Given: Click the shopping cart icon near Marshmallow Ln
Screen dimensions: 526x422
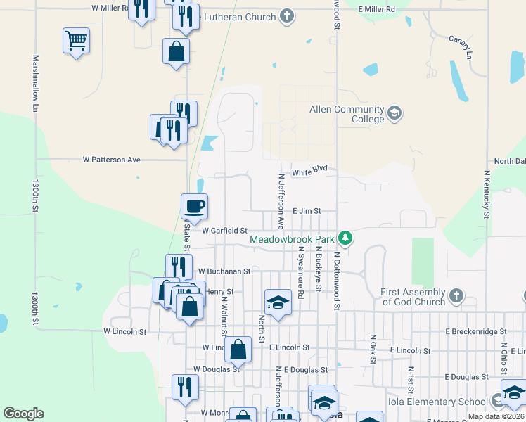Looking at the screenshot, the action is (x=76, y=41).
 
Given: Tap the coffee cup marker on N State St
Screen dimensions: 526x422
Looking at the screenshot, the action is (x=195, y=207).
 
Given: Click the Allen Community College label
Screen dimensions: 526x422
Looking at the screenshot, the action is (x=347, y=114).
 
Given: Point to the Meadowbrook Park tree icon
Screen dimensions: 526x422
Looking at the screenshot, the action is (x=345, y=238).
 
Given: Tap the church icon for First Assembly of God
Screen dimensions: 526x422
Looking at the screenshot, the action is (x=456, y=297).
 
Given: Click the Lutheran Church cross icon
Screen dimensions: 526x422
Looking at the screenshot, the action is (x=286, y=16).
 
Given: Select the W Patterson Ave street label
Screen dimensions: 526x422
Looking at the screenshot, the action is (x=112, y=160).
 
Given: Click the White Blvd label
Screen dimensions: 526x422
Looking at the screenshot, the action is (x=310, y=172).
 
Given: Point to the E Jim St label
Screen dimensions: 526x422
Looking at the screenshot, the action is (x=307, y=210).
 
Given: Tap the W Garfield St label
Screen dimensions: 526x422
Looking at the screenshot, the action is (x=224, y=230).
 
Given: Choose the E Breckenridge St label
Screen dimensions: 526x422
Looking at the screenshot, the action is (x=475, y=331).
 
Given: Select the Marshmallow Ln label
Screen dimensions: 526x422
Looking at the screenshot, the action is (x=34, y=84).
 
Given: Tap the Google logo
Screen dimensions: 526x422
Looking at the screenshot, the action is (x=23, y=414).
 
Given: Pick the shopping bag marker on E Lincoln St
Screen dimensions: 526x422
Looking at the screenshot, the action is (x=239, y=350).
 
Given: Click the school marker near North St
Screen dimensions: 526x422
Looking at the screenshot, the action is (x=278, y=302).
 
